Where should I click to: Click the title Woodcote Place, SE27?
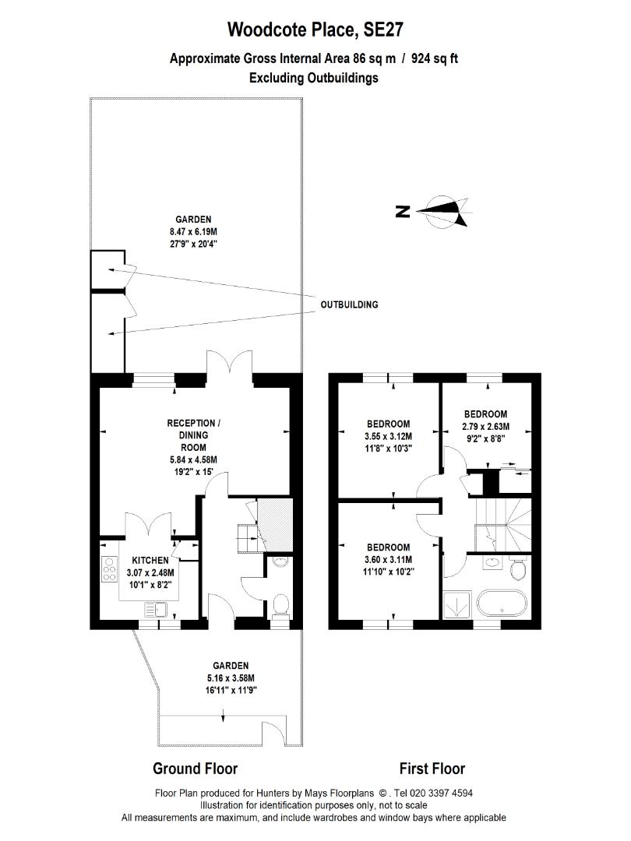(315, 30)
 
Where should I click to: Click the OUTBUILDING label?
(349, 304)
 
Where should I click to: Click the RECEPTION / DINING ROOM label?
(193, 435)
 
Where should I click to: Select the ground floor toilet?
(281, 604)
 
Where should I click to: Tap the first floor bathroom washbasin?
(492, 563)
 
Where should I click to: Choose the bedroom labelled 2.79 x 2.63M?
(485, 426)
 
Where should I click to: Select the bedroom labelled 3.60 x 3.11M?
(388, 559)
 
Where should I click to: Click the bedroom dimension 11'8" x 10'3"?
(388, 448)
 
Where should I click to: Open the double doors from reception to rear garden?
(230, 366)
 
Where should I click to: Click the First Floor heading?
(432, 769)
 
